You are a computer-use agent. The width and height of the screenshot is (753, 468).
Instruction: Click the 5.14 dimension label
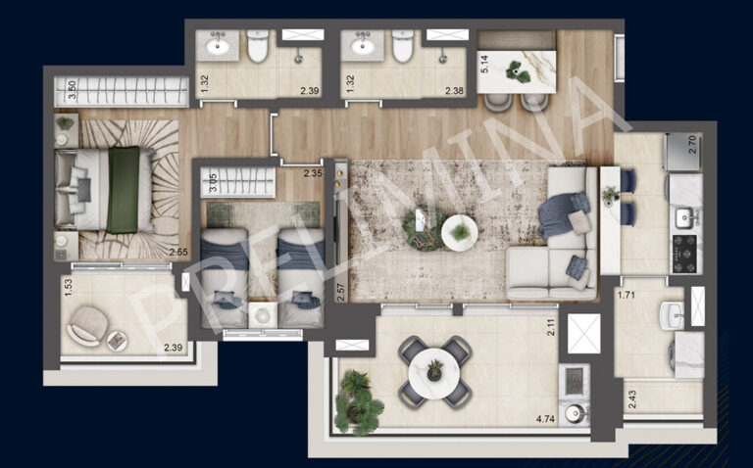(484, 66)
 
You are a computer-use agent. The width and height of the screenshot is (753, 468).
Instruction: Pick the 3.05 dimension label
(214, 181)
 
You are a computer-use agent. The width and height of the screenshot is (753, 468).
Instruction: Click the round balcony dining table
(434, 373)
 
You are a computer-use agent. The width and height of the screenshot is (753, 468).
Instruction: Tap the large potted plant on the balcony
(358, 400)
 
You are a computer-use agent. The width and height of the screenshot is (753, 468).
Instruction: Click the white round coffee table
(460, 232)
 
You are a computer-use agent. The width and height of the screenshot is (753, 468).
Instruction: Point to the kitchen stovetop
(684, 255)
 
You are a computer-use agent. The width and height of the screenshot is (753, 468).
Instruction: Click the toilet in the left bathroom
(258, 46)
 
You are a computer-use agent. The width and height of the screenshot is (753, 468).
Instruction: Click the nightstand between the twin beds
(262, 312)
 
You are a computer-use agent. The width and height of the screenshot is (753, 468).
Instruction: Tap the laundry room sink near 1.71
(672, 315)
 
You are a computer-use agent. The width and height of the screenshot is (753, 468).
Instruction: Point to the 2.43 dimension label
(630, 400)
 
